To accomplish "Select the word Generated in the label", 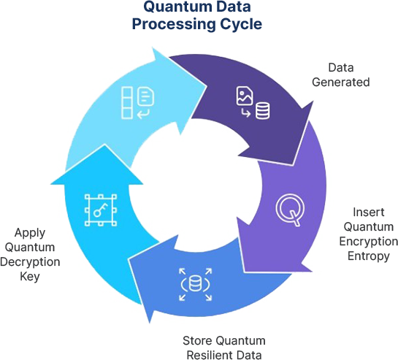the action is click(340, 82).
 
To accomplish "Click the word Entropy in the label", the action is click(369, 256).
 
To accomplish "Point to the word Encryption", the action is click(369, 242).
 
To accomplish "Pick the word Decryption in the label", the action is click(30, 262).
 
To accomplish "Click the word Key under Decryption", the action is click(30, 277).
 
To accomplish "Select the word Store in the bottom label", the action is click(197, 341).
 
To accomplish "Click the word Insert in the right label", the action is click(369, 212).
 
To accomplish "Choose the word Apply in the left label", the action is click(30, 233).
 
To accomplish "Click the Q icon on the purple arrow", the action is click(290, 210).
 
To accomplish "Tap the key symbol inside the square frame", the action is click(100, 210).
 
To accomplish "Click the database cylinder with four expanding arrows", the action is click(195, 284).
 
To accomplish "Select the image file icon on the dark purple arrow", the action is click(245, 96).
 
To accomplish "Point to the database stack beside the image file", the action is click(262, 111).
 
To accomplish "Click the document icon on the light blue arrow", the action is click(146, 96).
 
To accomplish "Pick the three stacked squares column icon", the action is click(127, 103).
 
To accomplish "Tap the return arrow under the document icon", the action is click(143, 114).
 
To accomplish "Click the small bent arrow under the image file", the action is click(245, 112).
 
